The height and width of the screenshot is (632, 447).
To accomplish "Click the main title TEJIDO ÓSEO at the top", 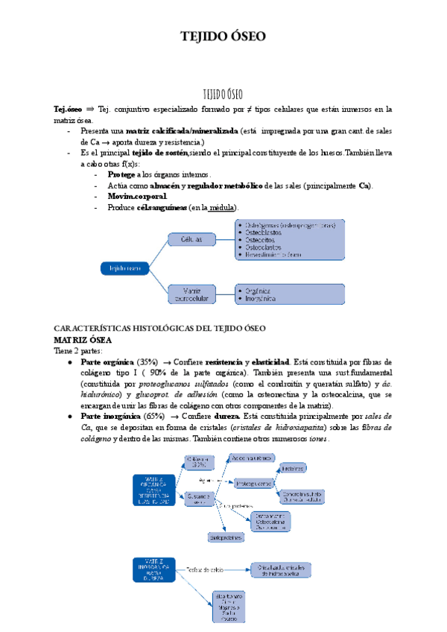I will tap(223, 36).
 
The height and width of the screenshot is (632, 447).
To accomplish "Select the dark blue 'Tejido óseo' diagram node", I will tap(124, 267).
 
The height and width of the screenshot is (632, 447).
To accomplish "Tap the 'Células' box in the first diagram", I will tap(190, 239).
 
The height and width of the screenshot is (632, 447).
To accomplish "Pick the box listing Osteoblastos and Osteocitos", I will tap(289, 238).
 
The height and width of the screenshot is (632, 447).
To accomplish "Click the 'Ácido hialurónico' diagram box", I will tap(256, 459).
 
